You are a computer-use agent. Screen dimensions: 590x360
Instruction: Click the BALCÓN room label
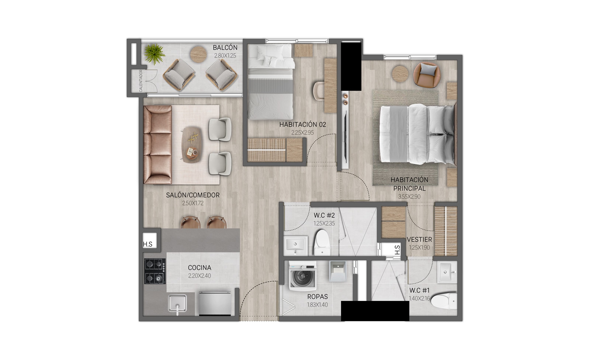(225, 48)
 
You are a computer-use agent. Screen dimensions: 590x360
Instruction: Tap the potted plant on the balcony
(154, 53)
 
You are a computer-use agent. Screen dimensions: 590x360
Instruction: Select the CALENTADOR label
(140, 81)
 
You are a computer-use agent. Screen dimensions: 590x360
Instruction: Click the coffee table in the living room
(192, 145)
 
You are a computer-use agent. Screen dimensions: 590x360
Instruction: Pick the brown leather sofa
(157, 145)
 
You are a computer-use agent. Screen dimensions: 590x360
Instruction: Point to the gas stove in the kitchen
(155, 271)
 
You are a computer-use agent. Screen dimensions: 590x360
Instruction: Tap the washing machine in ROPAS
(303, 276)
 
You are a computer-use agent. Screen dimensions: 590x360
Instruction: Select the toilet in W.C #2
(322, 242)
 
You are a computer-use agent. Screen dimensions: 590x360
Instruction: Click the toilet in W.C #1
(444, 301)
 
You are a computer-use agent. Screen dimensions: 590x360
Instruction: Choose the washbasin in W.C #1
(447, 272)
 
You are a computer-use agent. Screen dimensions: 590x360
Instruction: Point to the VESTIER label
(419, 239)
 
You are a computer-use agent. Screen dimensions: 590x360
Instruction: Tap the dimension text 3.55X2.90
(409, 197)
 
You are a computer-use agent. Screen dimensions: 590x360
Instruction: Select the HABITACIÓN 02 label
(302, 124)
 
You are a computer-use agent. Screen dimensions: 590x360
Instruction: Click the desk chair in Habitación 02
(319, 91)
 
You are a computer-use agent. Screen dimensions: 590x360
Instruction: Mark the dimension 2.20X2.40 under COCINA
(199, 276)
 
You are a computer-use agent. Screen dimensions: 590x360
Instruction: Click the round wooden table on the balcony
(198, 54)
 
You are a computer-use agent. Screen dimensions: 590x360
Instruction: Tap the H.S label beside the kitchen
(147, 244)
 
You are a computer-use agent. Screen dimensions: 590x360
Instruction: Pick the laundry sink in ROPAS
(337, 271)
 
